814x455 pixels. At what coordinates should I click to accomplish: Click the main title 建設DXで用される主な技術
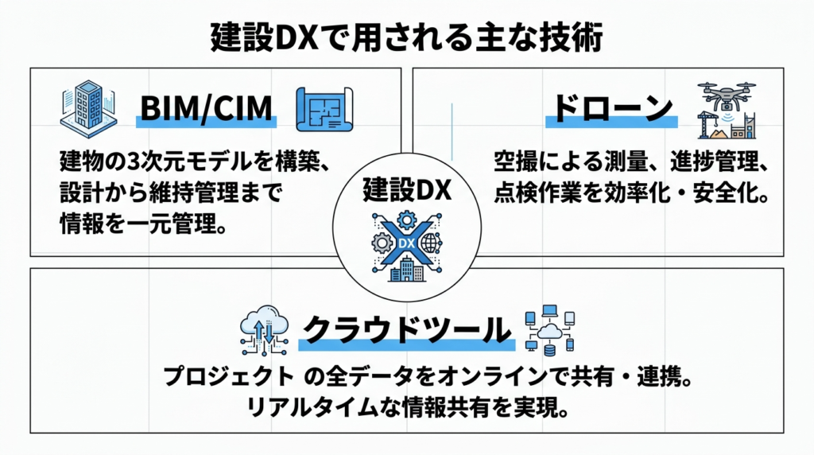(407, 36)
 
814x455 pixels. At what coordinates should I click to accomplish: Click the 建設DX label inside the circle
(406, 190)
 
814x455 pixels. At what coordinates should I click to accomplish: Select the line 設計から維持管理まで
(171, 193)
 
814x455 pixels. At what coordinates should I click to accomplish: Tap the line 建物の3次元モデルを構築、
(194, 163)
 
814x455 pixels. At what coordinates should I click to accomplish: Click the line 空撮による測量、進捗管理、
(629, 163)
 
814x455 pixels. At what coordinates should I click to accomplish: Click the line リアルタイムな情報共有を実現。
(408, 410)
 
